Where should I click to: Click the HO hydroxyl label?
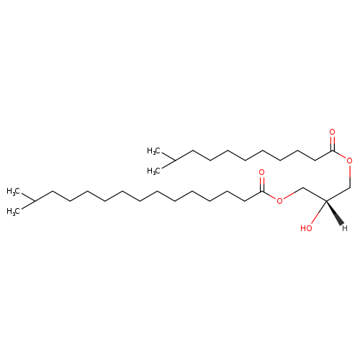(x=306, y=228)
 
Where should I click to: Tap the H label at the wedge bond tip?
(x=345, y=228)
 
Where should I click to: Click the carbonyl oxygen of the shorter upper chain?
(x=333, y=132)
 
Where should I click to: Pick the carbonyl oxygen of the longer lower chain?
(x=262, y=172)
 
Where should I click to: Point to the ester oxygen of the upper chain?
(x=350, y=161)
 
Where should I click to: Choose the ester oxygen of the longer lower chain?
(x=279, y=201)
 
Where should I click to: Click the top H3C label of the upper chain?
(x=153, y=151)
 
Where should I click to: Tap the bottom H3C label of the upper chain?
(x=153, y=171)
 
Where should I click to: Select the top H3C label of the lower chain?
(x=13, y=192)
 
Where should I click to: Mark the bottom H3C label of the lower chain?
(x=13, y=211)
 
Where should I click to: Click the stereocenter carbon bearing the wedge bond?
(x=326, y=201)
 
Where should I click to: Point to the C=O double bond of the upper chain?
(x=333, y=143)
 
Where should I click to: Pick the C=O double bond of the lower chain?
(x=262, y=184)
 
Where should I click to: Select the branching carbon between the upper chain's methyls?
(x=175, y=161)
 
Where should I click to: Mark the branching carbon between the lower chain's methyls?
(x=35, y=201)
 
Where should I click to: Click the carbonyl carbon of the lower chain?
(x=262, y=191)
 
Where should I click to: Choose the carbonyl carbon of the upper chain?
(x=333, y=150)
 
